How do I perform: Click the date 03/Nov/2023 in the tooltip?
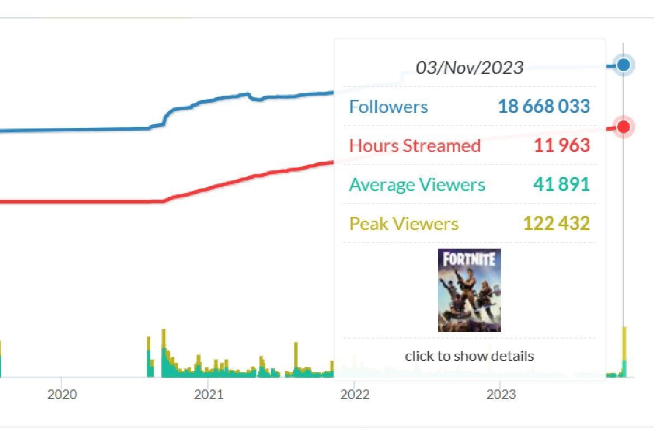[x=469, y=68]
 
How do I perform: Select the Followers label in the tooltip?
[x=388, y=107]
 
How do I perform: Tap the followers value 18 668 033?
[x=543, y=106]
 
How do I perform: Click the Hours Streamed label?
[x=414, y=146]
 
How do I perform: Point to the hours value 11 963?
[x=561, y=145]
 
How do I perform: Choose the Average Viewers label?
[x=417, y=185]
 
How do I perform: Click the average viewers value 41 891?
[x=561, y=184]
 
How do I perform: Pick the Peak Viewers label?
[x=403, y=224]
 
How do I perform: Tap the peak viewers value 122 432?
[x=556, y=223]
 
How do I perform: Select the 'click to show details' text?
[x=469, y=356]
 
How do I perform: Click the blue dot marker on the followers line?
[x=624, y=65]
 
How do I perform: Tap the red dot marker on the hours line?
[x=624, y=127]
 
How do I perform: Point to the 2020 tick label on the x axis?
[x=62, y=394]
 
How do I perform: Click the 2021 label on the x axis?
[x=208, y=394]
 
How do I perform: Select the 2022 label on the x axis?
[x=355, y=394]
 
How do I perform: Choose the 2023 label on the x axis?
[x=501, y=394]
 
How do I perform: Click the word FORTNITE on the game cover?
[x=469, y=259]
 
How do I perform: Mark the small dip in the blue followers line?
[x=256, y=99]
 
